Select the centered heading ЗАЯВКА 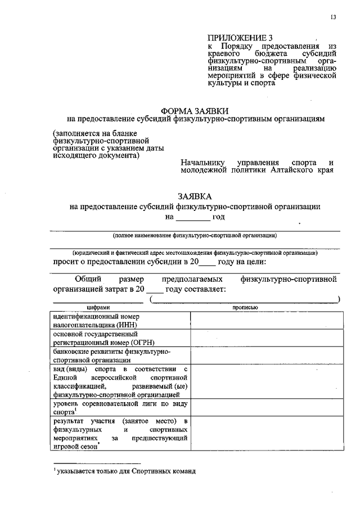[x=195, y=196]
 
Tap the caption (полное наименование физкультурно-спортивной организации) [x=195, y=235]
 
